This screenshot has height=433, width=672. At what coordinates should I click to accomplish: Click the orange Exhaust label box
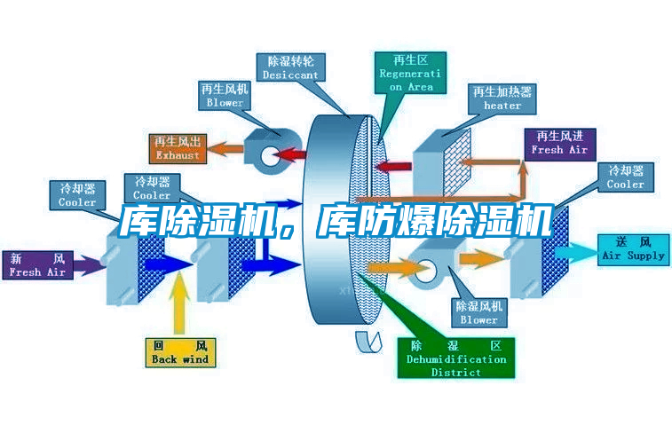178,148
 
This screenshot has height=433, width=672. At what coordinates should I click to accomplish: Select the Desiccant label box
290,68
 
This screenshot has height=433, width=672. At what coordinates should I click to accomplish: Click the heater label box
502,98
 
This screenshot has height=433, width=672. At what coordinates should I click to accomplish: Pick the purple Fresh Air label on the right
559,143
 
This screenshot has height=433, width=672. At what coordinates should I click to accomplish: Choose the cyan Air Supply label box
633,248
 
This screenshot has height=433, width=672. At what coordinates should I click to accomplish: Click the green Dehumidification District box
456,358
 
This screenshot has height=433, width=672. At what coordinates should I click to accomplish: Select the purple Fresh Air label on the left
37,265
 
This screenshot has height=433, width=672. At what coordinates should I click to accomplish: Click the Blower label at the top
225,96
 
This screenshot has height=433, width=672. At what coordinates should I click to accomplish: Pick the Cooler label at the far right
626,177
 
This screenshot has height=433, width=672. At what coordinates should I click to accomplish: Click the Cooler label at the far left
77,195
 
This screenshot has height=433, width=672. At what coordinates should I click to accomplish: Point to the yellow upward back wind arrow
180,302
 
